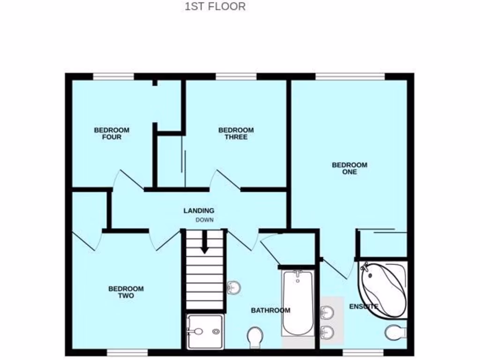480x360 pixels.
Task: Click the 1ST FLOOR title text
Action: click(x=215, y=7)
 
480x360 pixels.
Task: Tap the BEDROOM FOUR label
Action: click(x=112, y=134)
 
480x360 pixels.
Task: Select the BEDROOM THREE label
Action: click(x=236, y=134)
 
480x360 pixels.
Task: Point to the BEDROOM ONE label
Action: click(x=350, y=168)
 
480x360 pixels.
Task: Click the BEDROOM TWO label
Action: click(x=126, y=292)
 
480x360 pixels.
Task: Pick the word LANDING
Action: click(x=199, y=211)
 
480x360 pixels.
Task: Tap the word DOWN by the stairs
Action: click(x=205, y=220)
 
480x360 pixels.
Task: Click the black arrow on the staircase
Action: click(x=204, y=244)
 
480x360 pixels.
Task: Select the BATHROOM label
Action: click(x=270, y=310)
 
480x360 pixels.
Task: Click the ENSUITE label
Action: click(x=364, y=307)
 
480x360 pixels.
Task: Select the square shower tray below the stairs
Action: click(x=205, y=331)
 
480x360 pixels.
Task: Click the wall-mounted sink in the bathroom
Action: click(x=233, y=287)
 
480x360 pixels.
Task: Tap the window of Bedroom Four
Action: click(x=113, y=76)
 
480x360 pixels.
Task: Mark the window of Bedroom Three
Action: click(x=236, y=76)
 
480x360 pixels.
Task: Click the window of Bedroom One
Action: click(x=350, y=76)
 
